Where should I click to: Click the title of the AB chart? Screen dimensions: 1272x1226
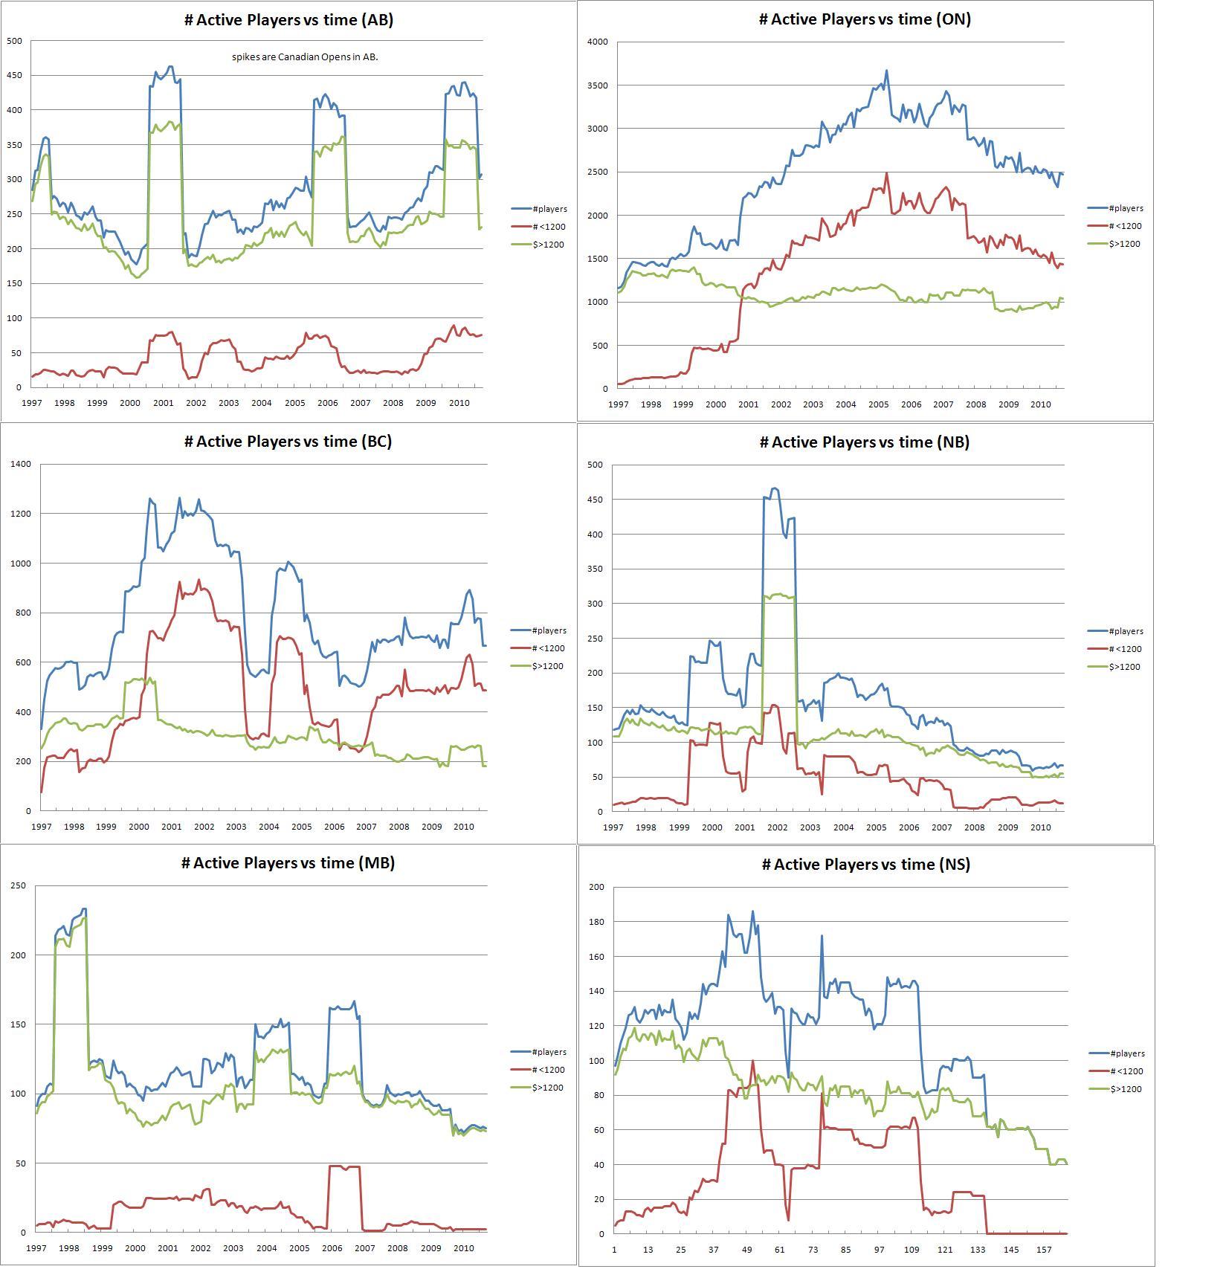click(288, 20)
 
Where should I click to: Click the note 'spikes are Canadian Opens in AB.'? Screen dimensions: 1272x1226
click(305, 57)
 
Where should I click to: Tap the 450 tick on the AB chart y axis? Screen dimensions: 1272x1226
click(14, 75)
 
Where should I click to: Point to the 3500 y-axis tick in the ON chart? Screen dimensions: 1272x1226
click(597, 85)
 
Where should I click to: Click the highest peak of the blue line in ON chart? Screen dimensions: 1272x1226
click(886, 71)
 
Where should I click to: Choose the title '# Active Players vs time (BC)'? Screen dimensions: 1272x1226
click(288, 442)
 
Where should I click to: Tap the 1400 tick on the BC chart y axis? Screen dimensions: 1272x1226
click(21, 464)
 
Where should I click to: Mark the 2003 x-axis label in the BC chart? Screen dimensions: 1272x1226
click(236, 827)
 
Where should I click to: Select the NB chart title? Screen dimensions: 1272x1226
click(864, 442)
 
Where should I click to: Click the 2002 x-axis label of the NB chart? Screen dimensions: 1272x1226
click(778, 827)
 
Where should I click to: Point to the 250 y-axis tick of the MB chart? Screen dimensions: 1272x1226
click(18, 885)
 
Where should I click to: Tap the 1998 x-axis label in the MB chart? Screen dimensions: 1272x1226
click(69, 1248)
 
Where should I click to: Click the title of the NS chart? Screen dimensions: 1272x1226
click(865, 865)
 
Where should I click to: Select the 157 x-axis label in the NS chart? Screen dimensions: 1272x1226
click(1044, 1250)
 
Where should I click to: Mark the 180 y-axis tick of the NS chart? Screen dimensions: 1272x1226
click(596, 922)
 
